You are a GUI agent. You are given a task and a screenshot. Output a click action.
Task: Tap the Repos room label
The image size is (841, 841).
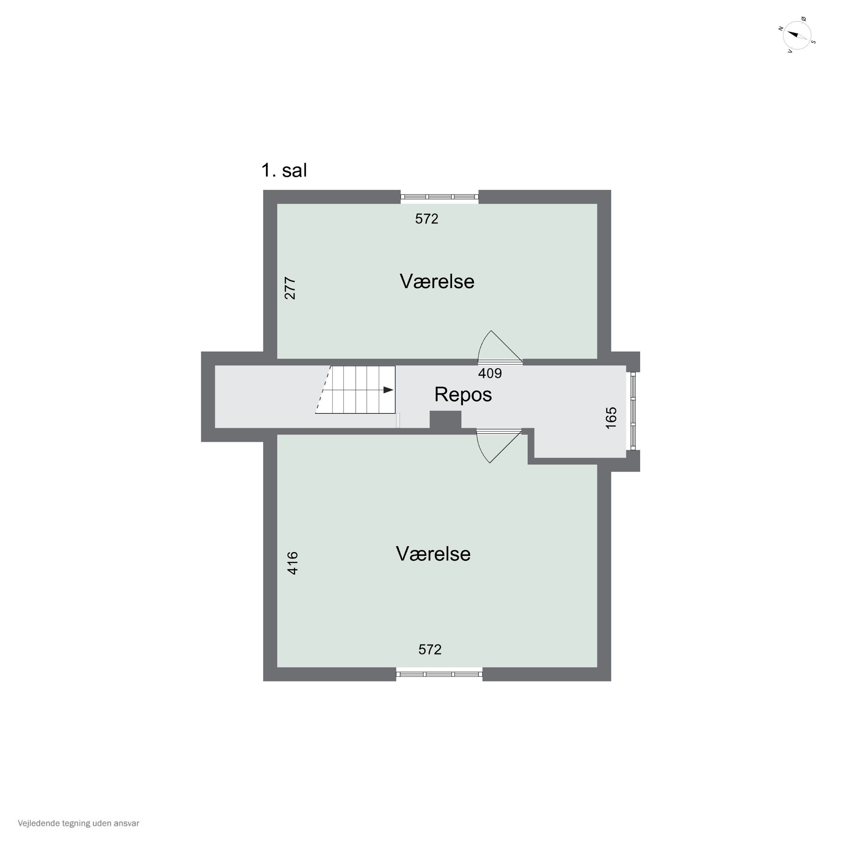point(463,395)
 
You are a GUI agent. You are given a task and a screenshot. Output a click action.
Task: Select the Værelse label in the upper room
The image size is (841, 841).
point(437,282)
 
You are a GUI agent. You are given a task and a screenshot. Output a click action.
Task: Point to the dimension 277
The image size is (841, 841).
point(290,288)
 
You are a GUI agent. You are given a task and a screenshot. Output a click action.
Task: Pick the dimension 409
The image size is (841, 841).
point(490,373)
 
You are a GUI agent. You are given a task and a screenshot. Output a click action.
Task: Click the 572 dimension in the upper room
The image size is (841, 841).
point(427,219)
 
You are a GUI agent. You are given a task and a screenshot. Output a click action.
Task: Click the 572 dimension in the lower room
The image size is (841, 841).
point(430,650)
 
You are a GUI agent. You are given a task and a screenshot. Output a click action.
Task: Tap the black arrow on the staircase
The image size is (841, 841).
point(388,390)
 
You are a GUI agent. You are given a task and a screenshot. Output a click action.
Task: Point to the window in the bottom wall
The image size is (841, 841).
point(439,674)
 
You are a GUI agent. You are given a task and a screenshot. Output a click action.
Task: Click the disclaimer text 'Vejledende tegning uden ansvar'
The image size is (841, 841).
point(78,823)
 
